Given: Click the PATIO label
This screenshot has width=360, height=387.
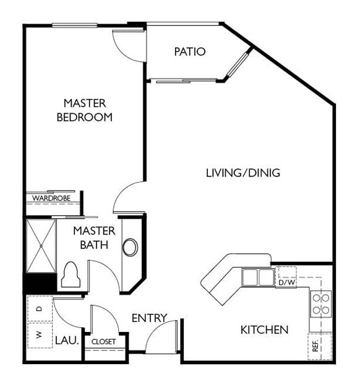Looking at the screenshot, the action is (190, 51).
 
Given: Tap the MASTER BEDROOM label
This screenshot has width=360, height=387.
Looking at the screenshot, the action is (85, 110).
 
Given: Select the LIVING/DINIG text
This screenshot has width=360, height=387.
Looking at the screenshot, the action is (243, 173).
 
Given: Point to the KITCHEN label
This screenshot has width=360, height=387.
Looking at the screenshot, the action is (264, 330).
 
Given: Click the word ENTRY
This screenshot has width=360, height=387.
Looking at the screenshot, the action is (150, 318).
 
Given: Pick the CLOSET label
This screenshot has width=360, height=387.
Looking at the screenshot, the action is (103, 342).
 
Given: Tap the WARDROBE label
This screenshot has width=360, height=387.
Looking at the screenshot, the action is (51, 198).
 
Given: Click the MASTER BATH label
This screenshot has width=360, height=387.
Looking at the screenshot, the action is (94, 238).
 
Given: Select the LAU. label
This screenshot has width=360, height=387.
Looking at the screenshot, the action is (67, 341).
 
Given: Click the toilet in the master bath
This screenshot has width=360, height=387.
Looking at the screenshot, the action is (71, 274).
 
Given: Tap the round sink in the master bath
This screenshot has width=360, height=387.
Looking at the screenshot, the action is (130, 247).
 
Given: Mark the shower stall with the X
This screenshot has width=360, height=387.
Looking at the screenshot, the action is (41, 246).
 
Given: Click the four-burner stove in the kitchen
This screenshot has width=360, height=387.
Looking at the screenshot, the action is (321, 304).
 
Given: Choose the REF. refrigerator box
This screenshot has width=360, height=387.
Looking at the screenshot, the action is (320, 346).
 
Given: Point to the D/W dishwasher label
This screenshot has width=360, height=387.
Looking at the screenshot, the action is (286, 282).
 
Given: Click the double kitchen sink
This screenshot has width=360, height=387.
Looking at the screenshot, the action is (258, 277).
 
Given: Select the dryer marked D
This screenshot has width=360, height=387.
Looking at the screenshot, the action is (40, 308).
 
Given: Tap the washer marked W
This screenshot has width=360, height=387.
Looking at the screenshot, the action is (40, 335).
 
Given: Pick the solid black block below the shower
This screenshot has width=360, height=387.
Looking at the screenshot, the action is (40, 284).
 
